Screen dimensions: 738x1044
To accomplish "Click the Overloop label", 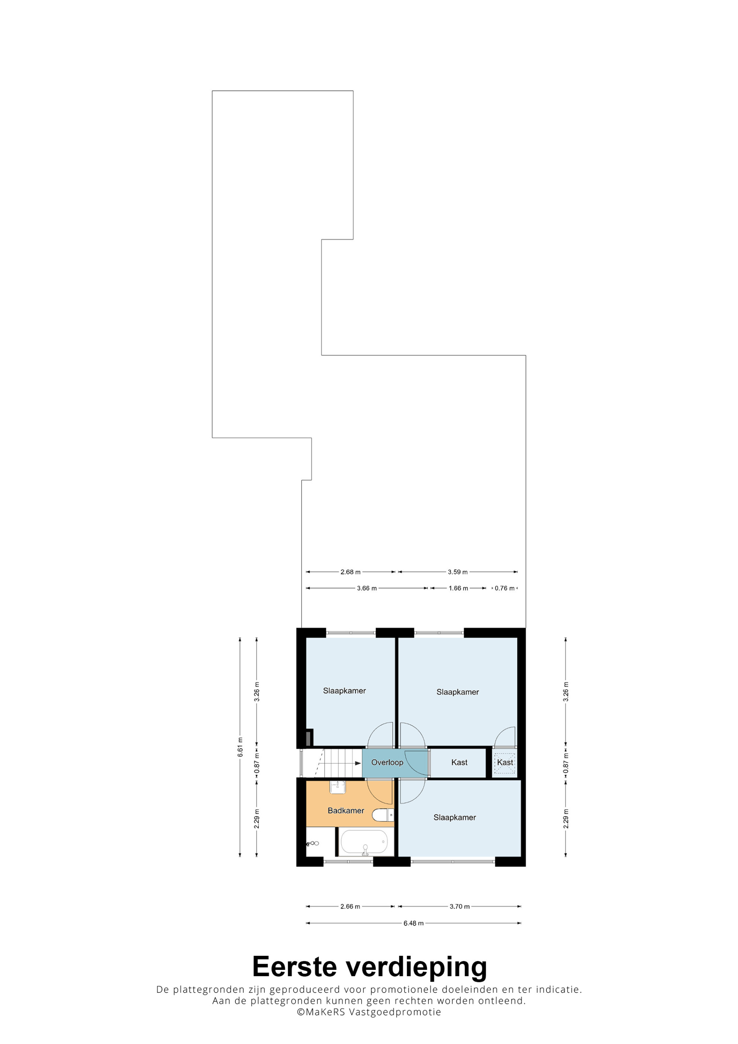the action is coord(387,763).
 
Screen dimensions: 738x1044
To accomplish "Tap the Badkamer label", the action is coord(346,811).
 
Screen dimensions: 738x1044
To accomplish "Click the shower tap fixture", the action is coord(313,843).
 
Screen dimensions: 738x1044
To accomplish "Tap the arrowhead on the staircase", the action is coord(358,763).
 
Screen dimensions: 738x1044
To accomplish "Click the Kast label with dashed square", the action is coord(505,763).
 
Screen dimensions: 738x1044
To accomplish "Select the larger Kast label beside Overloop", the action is coord(459,763).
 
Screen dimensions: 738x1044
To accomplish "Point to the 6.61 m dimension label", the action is coord(240,747).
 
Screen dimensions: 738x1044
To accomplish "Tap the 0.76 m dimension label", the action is coord(505,588).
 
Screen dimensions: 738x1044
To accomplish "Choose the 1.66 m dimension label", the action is coord(458,588).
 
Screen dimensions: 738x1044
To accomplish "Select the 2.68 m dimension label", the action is coord(350,572).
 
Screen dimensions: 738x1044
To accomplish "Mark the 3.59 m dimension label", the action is coord(458,572).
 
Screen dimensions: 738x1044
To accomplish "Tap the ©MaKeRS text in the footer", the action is coord(321,1012).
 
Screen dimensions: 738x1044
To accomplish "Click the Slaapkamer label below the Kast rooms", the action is coord(455,817).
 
